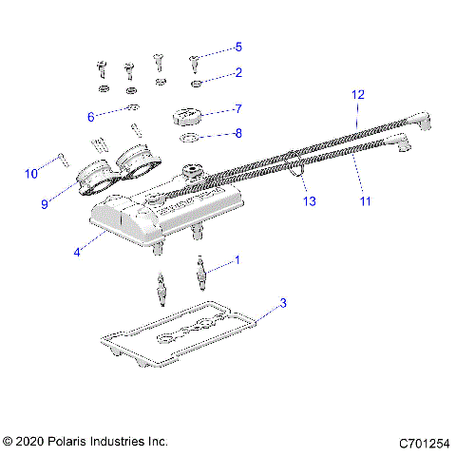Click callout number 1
pyautogui.click(x=237, y=259)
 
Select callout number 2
pyautogui.click(x=238, y=72)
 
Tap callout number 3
pyautogui.click(x=282, y=304)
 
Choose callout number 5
pyautogui.click(x=238, y=47)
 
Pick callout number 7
pyautogui.click(x=238, y=108)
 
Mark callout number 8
pyautogui.click(x=238, y=133)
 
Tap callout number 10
pyautogui.click(x=31, y=173)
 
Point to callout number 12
pyautogui.click(x=358, y=95)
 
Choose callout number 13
pyautogui.click(x=307, y=200)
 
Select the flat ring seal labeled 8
pyautogui.click(x=189, y=142)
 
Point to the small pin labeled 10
pyautogui.click(x=62, y=157)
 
